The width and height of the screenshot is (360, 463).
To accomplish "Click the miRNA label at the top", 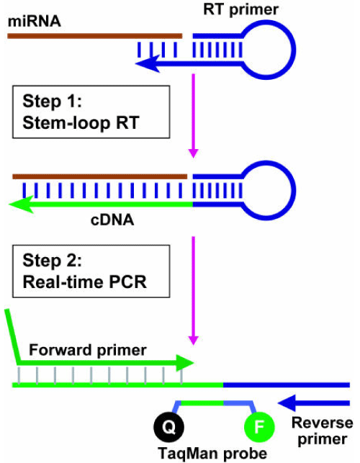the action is click(x=35, y=22).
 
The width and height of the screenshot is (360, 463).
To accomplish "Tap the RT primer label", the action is click(x=240, y=9).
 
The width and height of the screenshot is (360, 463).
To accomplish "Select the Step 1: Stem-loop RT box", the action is click(x=91, y=112).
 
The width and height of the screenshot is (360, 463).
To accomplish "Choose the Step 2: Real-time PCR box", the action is click(x=91, y=271).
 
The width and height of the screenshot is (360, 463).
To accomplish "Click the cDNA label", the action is click(x=112, y=220).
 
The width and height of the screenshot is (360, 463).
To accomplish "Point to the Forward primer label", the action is click(x=88, y=350).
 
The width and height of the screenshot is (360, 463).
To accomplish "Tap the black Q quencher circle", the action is click(x=169, y=427).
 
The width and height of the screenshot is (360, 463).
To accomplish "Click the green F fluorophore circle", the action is click(x=260, y=427).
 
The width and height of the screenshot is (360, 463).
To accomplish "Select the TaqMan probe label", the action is click(x=212, y=453).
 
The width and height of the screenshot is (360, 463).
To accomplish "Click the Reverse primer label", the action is click(x=322, y=431).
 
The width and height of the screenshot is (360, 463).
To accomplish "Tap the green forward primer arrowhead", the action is click(x=185, y=363).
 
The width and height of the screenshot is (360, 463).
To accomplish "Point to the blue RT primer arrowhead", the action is click(x=148, y=63).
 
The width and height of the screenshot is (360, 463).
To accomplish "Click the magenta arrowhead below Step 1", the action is click(x=194, y=153).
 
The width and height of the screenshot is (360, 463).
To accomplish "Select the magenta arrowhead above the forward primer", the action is click(x=194, y=341).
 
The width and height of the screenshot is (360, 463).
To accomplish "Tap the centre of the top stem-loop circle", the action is click(x=266, y=50).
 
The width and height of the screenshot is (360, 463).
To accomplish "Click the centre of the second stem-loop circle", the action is click(x=266, y=190).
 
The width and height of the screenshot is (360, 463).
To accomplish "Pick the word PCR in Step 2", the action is click(x=127, y=282).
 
